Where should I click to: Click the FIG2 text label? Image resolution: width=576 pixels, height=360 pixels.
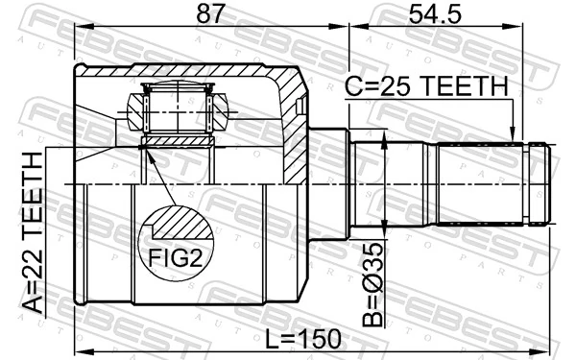pos(174,256)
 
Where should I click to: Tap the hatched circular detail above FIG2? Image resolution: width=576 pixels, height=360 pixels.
pos(180,226)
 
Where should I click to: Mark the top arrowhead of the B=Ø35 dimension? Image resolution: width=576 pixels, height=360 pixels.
pos(385,142)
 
